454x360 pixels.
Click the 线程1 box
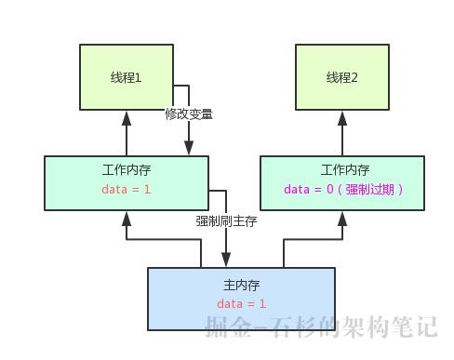click(x=127, y=78)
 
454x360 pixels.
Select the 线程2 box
click(x=342, y=78)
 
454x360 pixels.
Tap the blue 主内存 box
click(x=241, y=299)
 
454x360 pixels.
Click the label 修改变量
click(x=189, y=114)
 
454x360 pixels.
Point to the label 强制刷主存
click(x=226, y=221)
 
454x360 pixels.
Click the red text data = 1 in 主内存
click(x=242, y=304)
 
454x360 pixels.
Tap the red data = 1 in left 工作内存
click(x=127, y=190)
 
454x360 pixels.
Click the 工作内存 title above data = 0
click(x=344, y=170)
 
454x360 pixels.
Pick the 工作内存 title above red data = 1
click(x=127, y=170)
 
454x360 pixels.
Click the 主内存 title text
click(x=242, y=285)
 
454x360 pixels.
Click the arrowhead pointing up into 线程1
click(x=127, y=117)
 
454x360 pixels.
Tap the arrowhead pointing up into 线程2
click(x=342, y=117)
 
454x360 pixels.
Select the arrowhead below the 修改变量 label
click(x=189, y=148)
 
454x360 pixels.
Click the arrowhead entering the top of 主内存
click(x=226, y=260)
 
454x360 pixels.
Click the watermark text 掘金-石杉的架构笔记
click(x=321, y=327)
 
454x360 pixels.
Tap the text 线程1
click(x=127, y=78)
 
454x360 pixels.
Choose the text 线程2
click(x=342, y=78)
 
